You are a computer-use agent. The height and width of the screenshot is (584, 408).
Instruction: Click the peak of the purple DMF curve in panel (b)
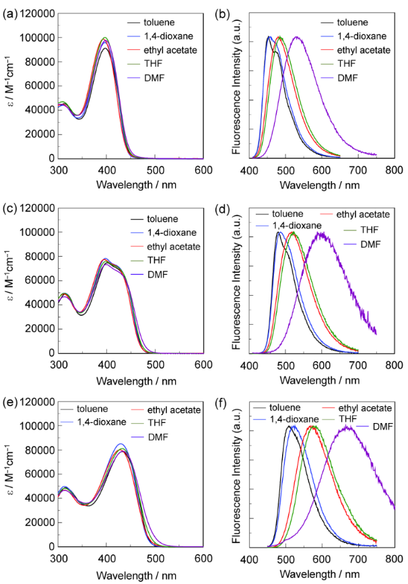pos(359,37)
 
